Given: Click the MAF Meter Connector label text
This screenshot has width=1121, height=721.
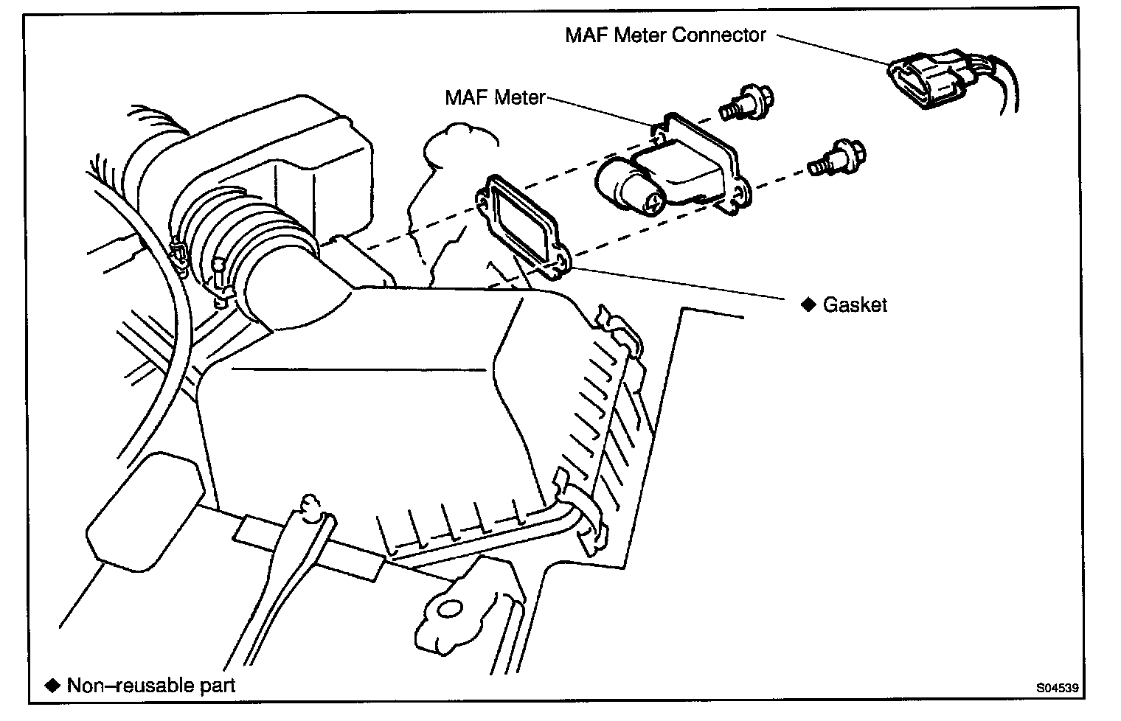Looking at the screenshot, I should tap(665, 35).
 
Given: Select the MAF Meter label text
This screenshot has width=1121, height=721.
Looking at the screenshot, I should tap(495, 97).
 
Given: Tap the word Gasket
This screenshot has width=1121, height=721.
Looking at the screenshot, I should tap(855, 304).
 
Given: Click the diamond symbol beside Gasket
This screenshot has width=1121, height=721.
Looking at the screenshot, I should tap(809, 304).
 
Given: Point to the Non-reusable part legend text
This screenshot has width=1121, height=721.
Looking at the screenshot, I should tap(151, 685).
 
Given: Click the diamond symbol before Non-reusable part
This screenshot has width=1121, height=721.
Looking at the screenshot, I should tap(52, 685).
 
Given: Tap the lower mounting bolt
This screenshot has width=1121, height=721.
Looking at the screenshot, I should tap(837, 158).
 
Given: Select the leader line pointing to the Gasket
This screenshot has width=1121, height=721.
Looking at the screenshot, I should tap(678, 284).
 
